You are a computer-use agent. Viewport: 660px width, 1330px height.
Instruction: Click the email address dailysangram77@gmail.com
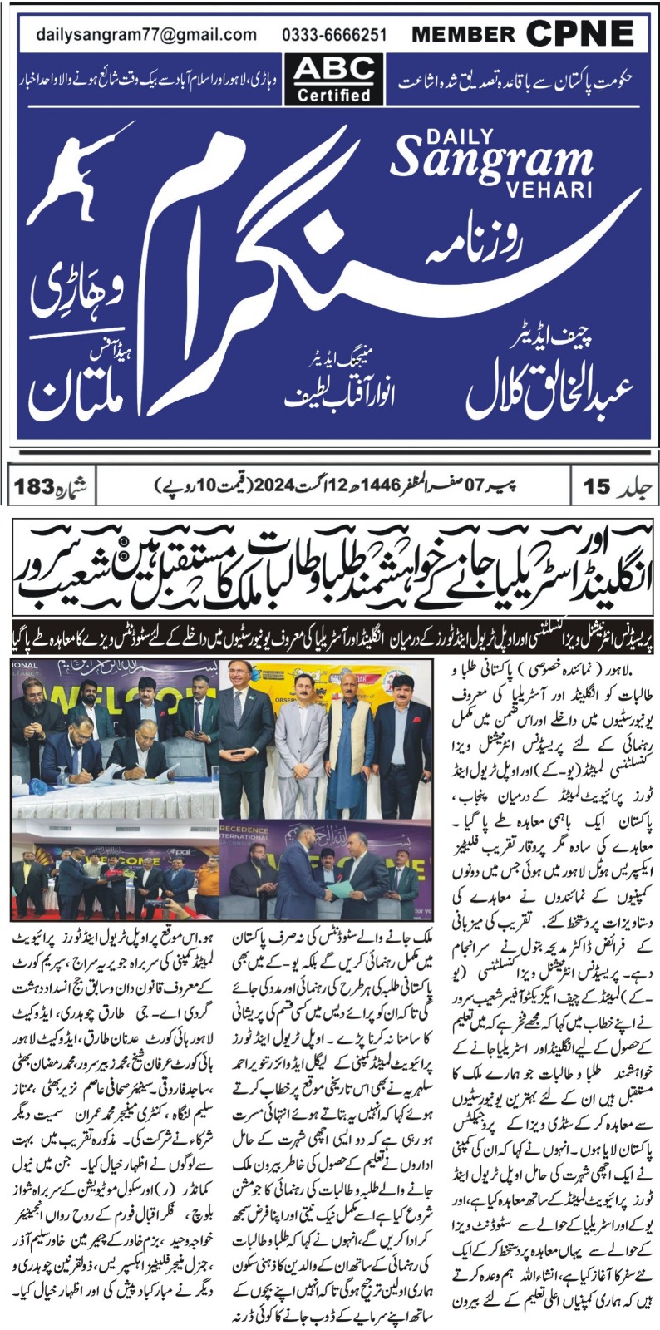tap(146, 35)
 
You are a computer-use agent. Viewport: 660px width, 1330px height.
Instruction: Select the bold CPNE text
tap(579, 34)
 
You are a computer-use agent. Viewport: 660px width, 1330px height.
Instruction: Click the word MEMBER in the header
tap(463, 35)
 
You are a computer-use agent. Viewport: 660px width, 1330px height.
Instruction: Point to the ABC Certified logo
tap(333, 79)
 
